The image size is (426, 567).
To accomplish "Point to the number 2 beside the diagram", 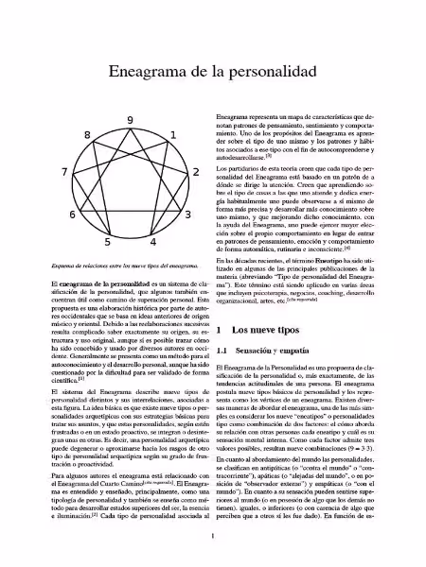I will coord(195,172).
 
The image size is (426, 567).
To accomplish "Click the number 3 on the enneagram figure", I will coord(188,215).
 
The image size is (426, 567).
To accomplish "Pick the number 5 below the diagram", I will coord(110,241).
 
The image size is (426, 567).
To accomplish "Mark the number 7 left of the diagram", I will coord(64,172).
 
